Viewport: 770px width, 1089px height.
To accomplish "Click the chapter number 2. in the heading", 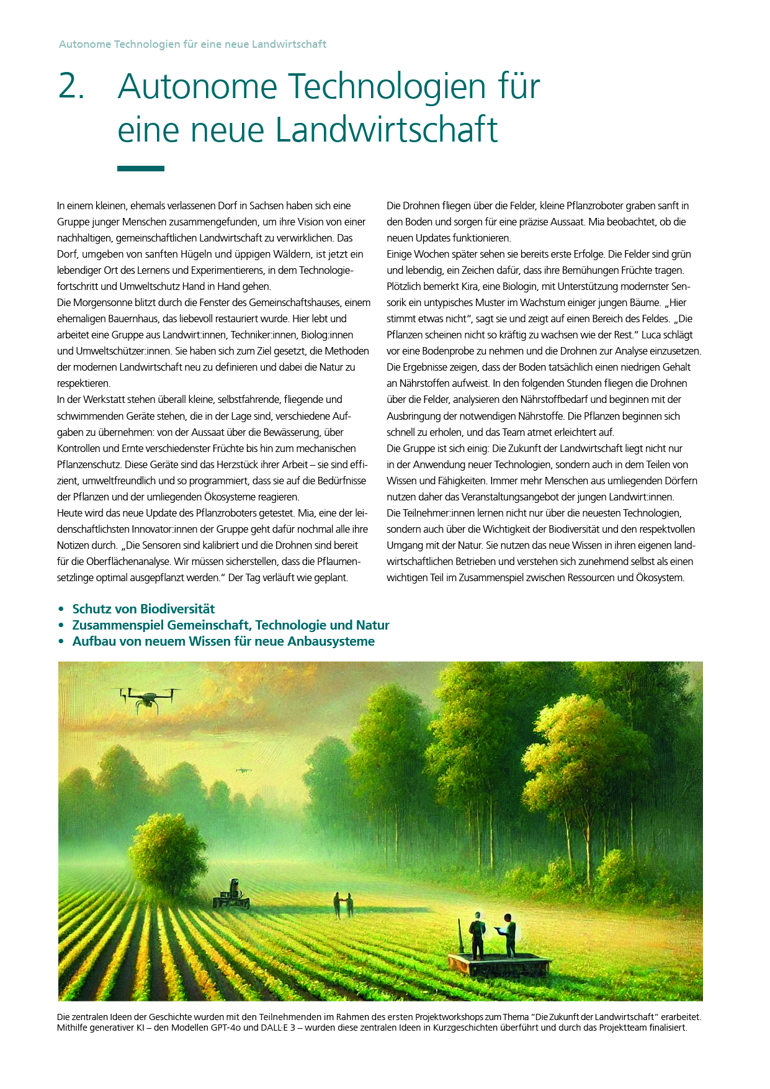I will click(71, 86).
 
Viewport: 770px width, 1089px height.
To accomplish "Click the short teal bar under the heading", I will click(141, 168).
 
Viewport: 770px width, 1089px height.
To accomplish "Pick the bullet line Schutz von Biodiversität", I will click(143, 609).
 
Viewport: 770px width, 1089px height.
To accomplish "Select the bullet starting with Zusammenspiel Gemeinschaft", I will click(230, 625).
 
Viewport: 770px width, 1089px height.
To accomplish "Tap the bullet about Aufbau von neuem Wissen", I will click(223, 641).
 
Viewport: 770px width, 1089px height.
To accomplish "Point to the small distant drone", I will click(243, 770).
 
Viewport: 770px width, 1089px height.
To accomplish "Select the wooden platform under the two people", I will click(499, 964).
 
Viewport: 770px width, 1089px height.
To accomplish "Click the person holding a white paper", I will click(508, 933).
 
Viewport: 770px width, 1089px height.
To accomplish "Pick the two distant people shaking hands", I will click(343, 904).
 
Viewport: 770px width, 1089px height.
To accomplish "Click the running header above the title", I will click(192, 44).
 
